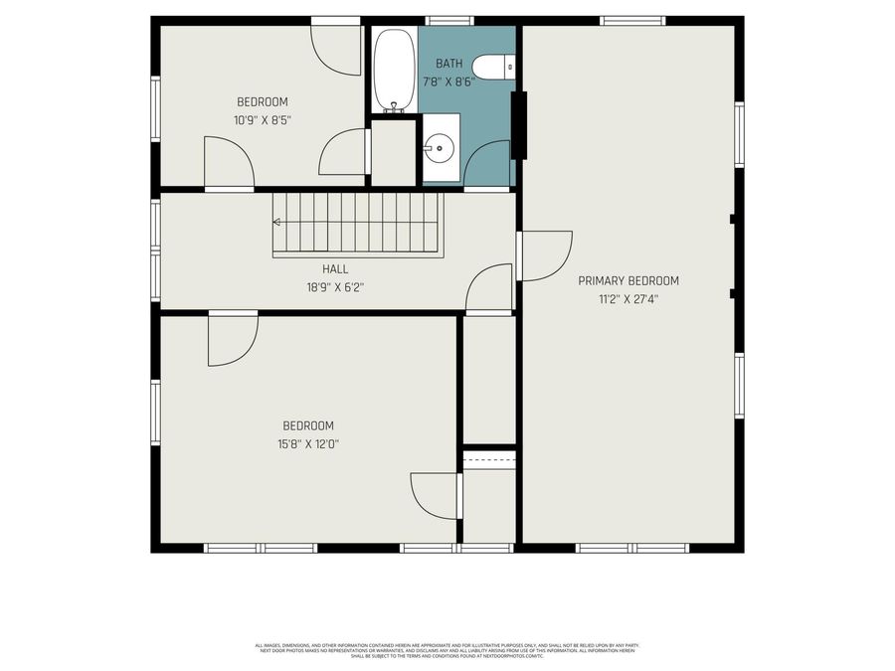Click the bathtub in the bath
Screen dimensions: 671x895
pyautogui.click(x=393, y=70)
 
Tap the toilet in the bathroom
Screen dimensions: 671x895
pyautogui.click(x=493, y=67)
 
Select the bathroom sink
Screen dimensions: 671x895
pyautogui.click(x=439, y=149)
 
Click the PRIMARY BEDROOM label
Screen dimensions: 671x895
pyautogui.click(x=628, y=280)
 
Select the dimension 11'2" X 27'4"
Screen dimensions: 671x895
pyautogui.click(x=628, y=297)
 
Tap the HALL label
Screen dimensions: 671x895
pyautogui.click(x=335, y=269)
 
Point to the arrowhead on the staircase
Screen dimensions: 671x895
pyautogui.click(x=277, y=223)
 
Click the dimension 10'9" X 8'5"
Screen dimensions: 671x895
pyautogui.click(x=263, y=119)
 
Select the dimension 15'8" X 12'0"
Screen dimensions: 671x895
pyautogui.click(x=308, y=443)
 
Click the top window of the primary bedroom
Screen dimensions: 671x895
pyautogui.click(x=632, y=20)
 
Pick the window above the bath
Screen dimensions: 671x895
pyautogui.click(x=449, y=20)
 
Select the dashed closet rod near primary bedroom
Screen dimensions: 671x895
pyautogui.click(x=489, y=459)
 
